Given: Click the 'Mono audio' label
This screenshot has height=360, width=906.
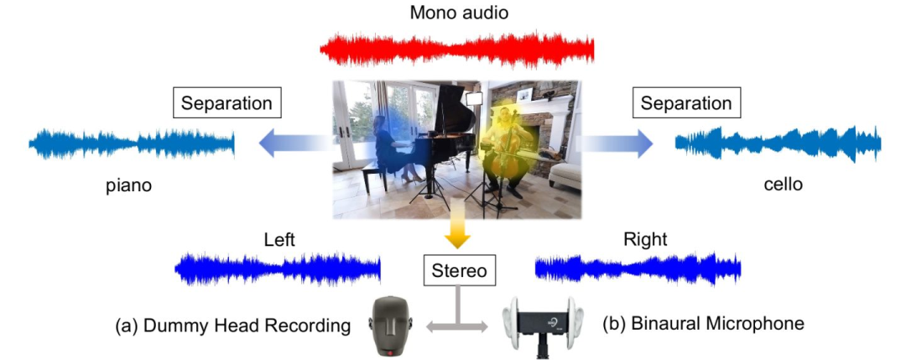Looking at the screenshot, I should pyautogui.click(x=459, y=13).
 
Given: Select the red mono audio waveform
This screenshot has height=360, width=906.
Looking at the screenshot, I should pyautogui.click(x=457, y=50).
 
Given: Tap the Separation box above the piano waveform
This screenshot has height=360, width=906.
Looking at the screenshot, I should pyautogui.click(x=226, y=104).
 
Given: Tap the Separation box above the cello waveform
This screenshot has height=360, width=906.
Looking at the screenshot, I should pyautogui.click(x=685, y=104).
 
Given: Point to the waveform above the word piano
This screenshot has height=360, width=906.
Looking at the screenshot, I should pyautogui.click(x=132, y=144).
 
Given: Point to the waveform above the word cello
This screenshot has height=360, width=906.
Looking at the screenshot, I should pyautogui.click(x=778, y=144).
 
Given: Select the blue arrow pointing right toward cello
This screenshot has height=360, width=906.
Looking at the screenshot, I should pyautogui.click(x=617, y=144).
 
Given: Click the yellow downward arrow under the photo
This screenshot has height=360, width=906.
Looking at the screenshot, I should pyautogui.click(x=456, y=232).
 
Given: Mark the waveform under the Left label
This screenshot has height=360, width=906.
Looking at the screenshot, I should pyautogui.click(x=278, y=269).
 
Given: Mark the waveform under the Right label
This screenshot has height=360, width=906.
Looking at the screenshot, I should pyautogui.click(x=638, y=269).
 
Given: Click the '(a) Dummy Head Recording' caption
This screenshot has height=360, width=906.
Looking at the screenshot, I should pyautogui.click(x=232, y=325).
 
